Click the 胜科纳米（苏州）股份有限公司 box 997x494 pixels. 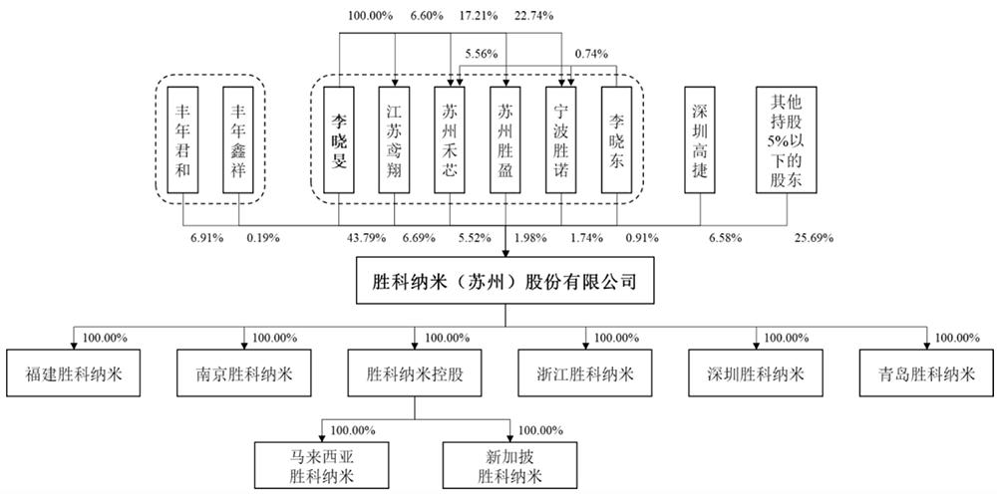tap(504, 281)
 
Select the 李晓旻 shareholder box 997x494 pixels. tap(338, 139)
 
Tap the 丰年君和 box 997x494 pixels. tap(183, 139)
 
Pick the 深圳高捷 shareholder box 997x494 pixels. tap(700, 139)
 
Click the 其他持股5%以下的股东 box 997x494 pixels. tap(787, 139)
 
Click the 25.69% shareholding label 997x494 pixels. tap(815, 239)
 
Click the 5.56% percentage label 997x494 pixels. tap(481, 55)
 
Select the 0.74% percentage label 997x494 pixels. tap(590, 55)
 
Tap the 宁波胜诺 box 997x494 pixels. tap(560, 139)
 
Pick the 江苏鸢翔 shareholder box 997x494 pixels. tap(394, 139)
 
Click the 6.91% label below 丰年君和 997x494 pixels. tap(207, 239)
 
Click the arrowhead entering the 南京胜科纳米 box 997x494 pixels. tap(244, 346)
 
